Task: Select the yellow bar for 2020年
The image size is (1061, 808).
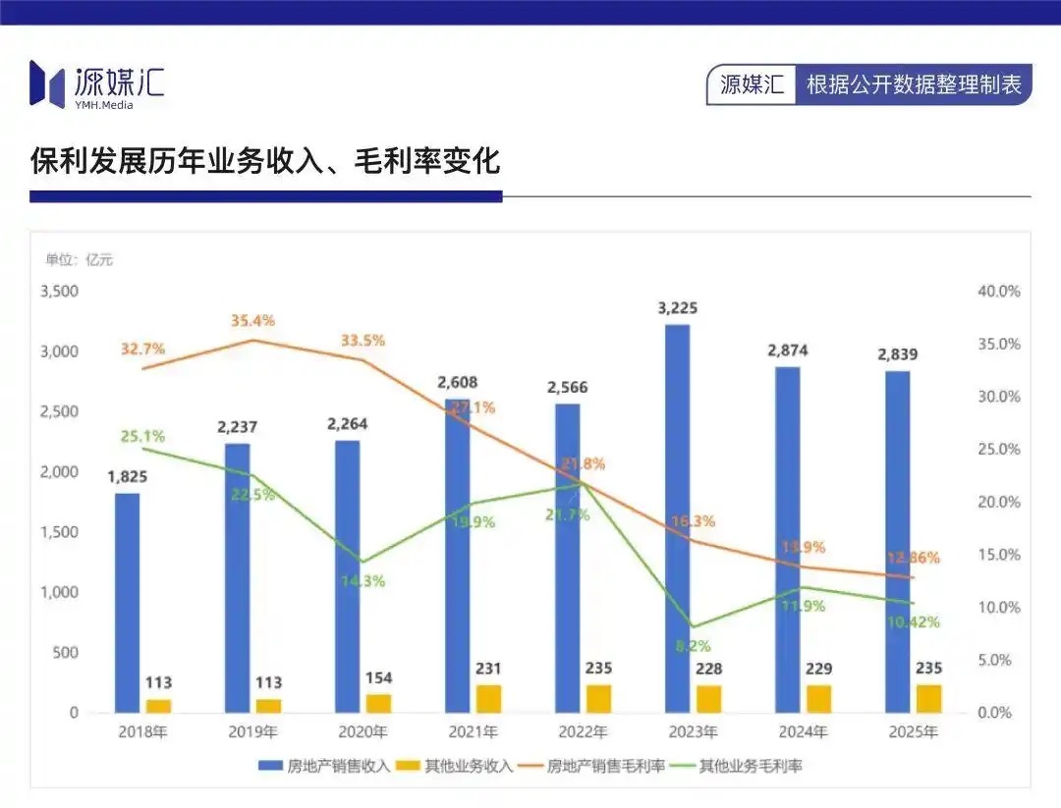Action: tap(378, 703)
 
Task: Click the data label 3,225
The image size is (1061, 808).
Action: tap(677, 309)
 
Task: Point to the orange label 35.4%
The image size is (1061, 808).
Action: tap(253, 321)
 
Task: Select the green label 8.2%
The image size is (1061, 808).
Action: tap(693, 646)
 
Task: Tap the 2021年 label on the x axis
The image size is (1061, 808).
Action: tap(472, 732)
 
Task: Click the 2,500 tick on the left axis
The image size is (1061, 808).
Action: tap(59, 411)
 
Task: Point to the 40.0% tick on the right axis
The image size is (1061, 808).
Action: tap(1000, 292)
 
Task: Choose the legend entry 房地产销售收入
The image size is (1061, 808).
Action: tap(324, 766)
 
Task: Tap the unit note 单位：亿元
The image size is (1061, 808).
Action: tap(80, 260)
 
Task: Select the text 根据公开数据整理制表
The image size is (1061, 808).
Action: tap(914, 84)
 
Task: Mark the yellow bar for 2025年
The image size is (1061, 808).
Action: tap(928, 698)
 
